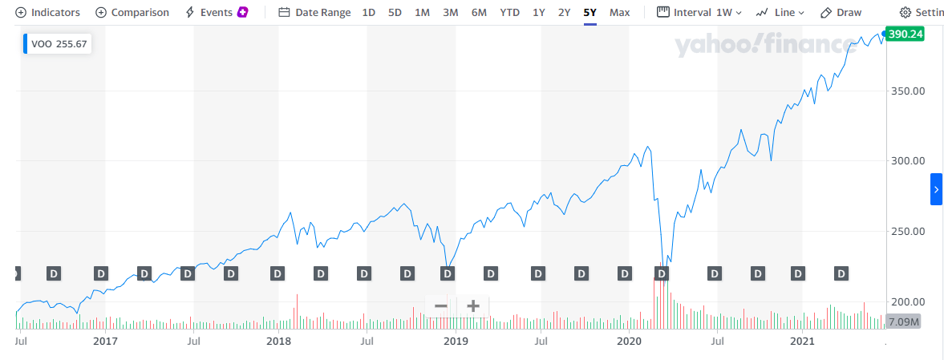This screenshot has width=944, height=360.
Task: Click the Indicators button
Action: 48,13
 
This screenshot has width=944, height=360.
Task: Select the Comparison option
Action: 132,13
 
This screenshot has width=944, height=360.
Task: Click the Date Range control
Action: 314,13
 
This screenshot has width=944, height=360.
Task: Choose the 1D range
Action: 368,13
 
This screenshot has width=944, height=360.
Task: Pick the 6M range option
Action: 479,13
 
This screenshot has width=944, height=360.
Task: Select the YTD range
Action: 509,13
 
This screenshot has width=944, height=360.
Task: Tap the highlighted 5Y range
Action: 589,13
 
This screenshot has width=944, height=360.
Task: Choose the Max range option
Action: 619,13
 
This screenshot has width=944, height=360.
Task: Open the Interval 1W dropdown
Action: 699,13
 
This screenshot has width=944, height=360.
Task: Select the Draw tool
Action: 841,13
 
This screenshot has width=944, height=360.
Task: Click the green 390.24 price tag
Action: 906,34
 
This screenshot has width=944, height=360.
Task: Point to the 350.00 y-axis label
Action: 910,91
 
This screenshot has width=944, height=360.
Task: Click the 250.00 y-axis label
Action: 910,231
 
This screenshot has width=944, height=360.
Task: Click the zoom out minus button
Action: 440,305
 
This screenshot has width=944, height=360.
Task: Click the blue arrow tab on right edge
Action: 936,189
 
